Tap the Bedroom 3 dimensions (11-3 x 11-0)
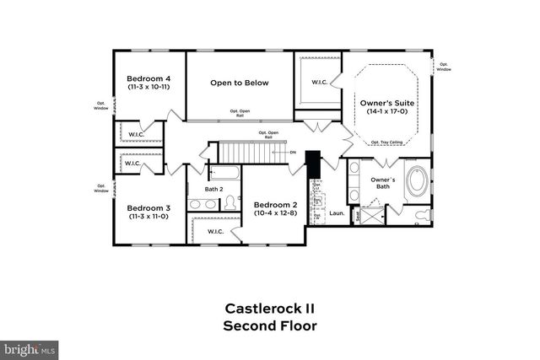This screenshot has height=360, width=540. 148,217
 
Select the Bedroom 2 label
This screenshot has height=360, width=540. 276,205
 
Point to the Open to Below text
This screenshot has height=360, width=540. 240,83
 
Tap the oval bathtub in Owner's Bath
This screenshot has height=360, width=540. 417,182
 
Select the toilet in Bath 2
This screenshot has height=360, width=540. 228,203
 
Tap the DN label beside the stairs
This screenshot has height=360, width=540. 293,153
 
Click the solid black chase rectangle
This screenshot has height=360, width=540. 312,164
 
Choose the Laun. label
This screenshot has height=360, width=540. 335,214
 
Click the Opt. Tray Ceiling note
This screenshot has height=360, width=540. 386,142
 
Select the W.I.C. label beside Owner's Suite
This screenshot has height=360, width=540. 319,82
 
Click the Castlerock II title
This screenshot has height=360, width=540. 269,309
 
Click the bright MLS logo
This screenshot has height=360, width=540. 30,347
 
